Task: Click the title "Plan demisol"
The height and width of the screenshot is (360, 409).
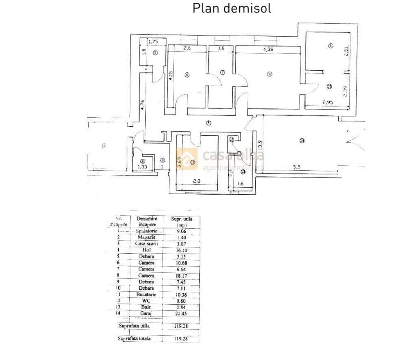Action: point(232,8)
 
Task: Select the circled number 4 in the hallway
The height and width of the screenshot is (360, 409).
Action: point(208,123)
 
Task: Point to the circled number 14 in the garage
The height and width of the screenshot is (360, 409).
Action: point(302,141)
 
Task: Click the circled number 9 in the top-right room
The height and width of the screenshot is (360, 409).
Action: point(330,46)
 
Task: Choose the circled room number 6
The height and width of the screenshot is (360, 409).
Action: point(187,74)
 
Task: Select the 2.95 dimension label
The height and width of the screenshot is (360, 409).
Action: point(328,103)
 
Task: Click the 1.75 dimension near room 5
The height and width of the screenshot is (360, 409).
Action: point(153,41)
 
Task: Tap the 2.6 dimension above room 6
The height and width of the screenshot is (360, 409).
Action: point(187,49)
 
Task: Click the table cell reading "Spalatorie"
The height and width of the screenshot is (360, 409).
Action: point(146,231)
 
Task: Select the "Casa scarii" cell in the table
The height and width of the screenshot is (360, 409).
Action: point(146,243)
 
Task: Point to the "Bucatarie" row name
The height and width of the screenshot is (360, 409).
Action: point(146,295)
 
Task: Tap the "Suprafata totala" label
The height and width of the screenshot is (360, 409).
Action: point(134,338)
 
